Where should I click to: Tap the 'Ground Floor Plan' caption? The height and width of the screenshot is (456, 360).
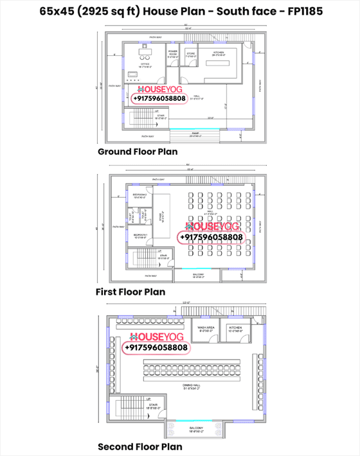coord(138,152)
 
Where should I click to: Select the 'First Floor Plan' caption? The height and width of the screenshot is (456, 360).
coord(130,292)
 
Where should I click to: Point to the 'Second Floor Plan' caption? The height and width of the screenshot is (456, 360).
coord(139,446)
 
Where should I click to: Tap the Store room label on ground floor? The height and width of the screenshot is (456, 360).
coord(190,55)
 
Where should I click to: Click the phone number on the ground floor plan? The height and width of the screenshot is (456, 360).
coord(159,99)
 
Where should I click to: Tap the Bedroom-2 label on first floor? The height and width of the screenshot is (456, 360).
coord(140,195)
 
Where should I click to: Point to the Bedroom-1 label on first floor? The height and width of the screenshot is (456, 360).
coord(140,236)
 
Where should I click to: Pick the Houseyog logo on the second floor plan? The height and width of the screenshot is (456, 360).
coord(157,337)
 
